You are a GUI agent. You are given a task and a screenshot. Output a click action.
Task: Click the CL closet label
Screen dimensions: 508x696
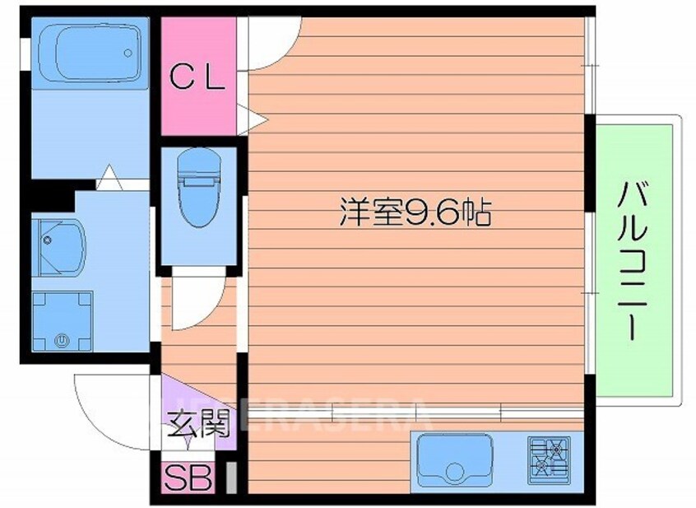197,78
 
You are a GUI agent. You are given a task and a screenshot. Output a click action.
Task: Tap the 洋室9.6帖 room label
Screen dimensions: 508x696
415,214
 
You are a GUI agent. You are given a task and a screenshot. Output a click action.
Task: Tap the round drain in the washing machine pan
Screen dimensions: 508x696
61,338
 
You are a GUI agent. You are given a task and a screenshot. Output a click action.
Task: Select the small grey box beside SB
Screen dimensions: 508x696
230,478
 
